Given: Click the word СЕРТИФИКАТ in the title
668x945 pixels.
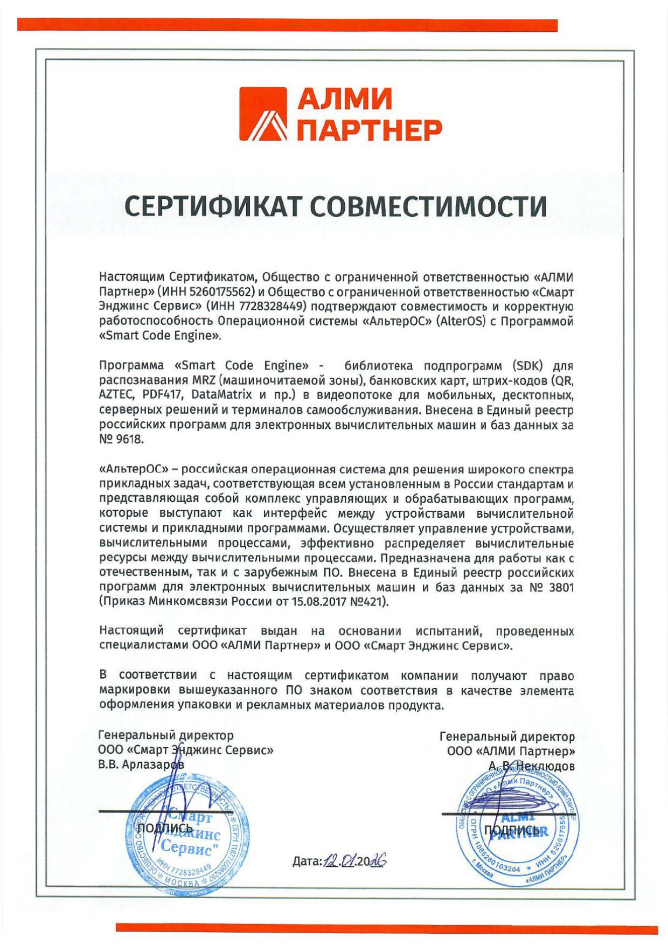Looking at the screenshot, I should point(211,207).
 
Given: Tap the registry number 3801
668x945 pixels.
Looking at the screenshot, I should point(561,587).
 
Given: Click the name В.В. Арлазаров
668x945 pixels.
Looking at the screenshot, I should point(141,765).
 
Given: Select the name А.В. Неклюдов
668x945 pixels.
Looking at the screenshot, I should point(531,766).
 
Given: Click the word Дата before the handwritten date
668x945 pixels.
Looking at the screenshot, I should point(307,861).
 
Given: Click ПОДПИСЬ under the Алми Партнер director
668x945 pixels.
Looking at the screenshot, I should point(511,830).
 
